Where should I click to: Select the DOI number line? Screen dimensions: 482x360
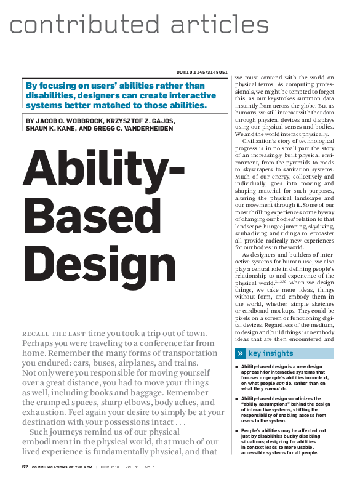tap(202, 72)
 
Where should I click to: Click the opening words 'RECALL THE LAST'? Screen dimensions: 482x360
tap(54, 333)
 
